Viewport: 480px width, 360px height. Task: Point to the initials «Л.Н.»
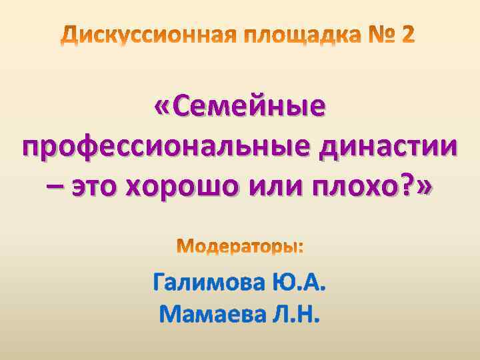(293, 313)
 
